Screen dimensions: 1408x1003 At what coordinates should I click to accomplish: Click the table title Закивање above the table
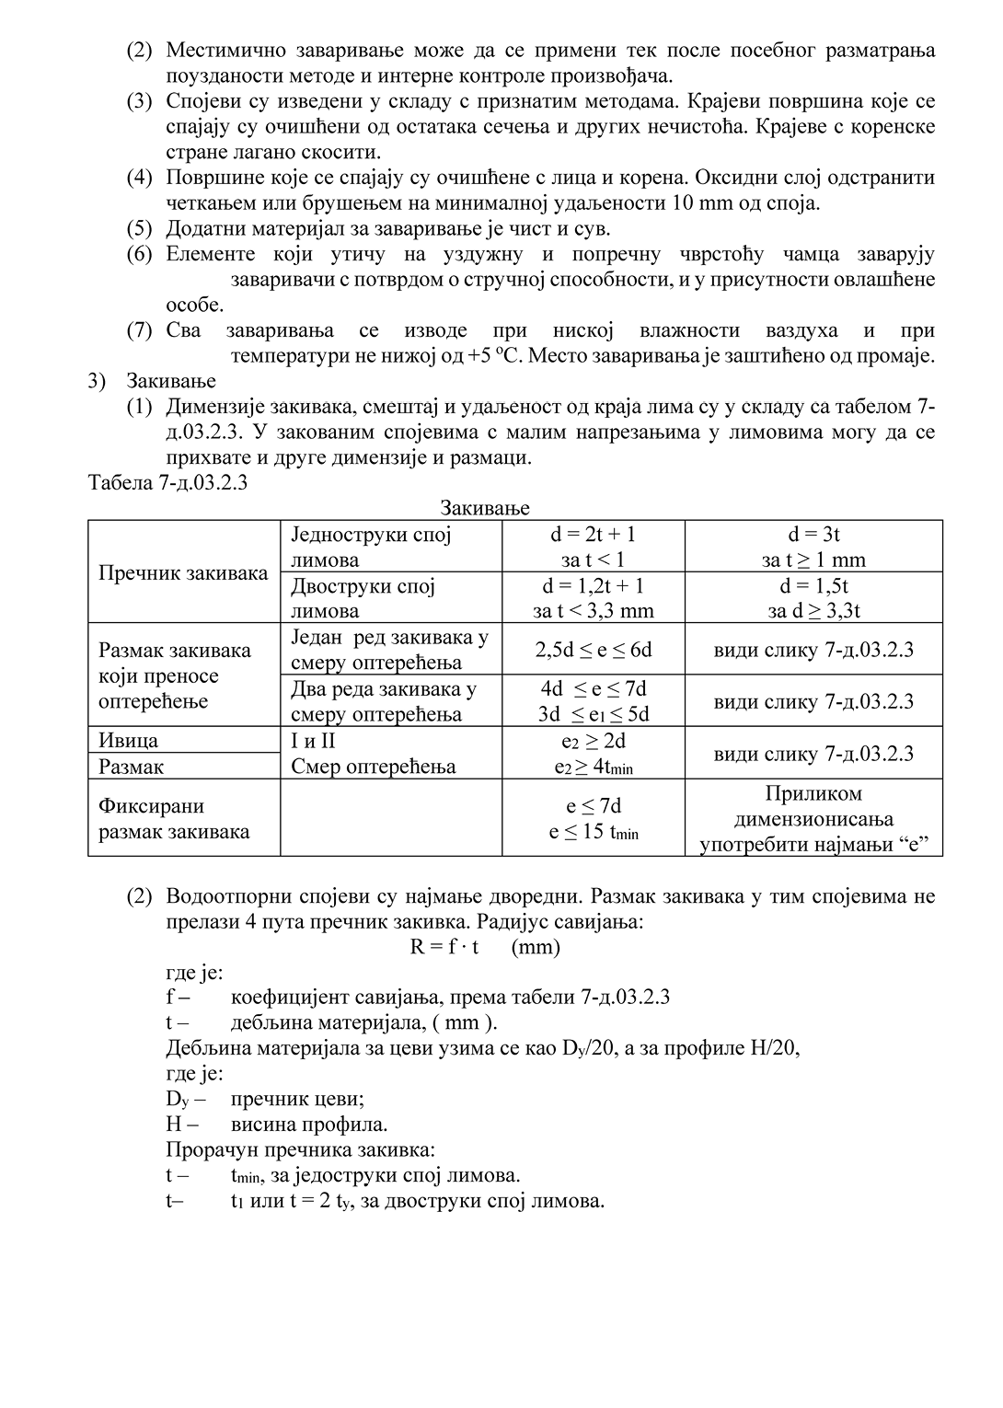pos(484,508)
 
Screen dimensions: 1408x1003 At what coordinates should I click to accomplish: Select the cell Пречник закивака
pos(183,573)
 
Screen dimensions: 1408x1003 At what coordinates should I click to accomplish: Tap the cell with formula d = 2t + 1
pos(594,547)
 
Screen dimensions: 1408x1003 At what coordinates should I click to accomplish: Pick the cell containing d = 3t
pos(813,547)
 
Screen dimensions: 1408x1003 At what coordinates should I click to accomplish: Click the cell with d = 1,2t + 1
pos(594,598)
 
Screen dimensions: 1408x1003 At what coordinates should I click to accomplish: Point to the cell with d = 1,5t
pos(813,598)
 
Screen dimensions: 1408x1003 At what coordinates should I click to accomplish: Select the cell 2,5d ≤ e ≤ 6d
pos(594,650)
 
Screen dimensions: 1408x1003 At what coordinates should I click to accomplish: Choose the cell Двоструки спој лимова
pos(363,598)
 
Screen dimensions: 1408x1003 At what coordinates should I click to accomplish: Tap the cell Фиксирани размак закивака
pos(174,819)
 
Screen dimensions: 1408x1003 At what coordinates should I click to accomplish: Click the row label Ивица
pos(128,741)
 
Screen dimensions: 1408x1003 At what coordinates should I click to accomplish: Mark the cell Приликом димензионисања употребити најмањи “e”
pos(813,819)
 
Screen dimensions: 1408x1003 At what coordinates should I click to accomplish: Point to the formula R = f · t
pos(444,947)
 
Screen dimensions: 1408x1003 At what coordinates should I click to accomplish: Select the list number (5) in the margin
pos(140,228)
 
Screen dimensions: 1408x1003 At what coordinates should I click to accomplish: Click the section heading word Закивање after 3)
pos(171,381)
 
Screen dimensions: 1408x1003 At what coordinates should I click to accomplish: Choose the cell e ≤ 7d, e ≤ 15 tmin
pos(594,819)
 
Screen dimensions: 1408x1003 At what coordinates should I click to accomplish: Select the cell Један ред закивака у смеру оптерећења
pos(389,650)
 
